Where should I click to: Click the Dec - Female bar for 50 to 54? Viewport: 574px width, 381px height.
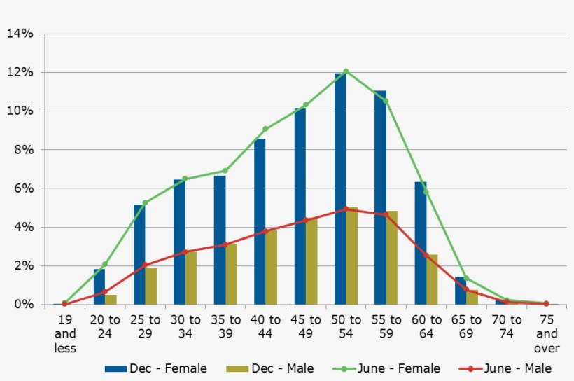[x=340, y=189]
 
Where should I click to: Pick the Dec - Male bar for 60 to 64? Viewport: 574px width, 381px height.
[x=432, y=279]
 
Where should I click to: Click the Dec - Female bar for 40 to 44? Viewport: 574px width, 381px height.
[x=260, y=221]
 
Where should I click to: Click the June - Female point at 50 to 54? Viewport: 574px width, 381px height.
[x=346, y=71]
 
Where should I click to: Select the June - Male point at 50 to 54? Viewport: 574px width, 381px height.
[x=346, y=209]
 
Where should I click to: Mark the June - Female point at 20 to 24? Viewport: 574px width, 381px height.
[x=105, y=264]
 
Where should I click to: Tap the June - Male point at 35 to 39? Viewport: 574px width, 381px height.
[x=225, y=244]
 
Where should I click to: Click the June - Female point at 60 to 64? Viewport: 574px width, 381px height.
[x=426, y=192]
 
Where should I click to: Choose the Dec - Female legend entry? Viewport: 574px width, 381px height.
[x=156, y=368]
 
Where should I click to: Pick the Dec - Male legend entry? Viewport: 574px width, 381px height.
[x=269, y=368]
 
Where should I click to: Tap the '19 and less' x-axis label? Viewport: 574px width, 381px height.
[x=64, y=333]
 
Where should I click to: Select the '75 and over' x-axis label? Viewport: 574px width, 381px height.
[x=546, y=333]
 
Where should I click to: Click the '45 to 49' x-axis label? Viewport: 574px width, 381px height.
[x=305, y=326]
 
